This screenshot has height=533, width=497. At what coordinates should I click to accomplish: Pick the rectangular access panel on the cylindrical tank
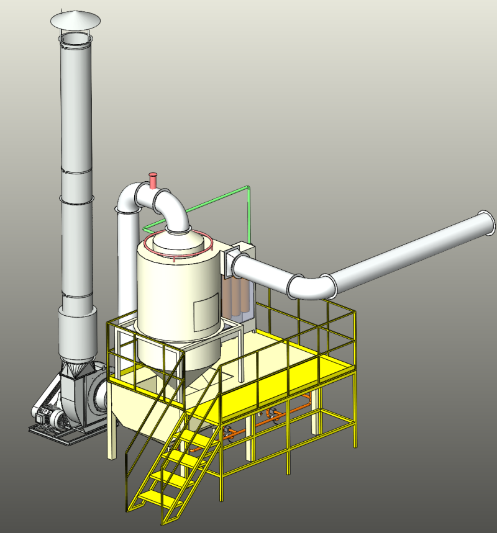(x=206, y=314)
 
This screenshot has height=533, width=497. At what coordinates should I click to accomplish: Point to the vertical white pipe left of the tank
(x=127, y=261)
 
